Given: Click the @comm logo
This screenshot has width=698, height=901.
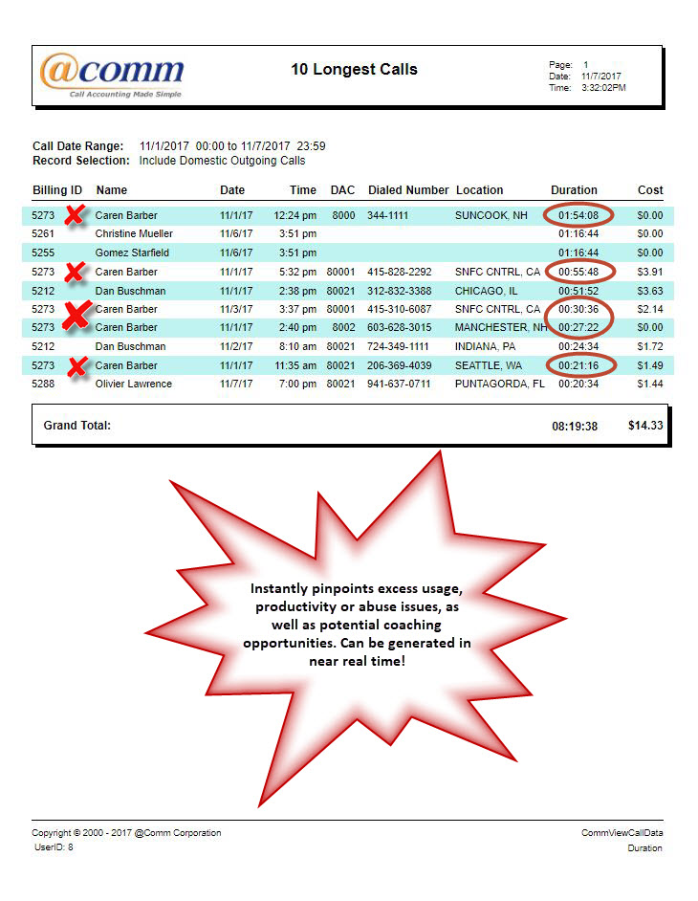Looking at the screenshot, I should tap(112, 75).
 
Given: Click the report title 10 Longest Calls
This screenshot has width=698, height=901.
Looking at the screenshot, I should tap(354, 69).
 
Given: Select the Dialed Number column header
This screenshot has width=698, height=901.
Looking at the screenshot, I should tap(408, 190).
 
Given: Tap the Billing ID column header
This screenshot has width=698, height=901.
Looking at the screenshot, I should tap(57, 190).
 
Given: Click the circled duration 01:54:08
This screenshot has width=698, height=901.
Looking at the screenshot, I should tap(578, 215).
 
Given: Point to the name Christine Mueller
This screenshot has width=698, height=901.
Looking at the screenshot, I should tap(134, 233).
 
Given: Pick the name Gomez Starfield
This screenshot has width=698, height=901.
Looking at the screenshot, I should tap(132, 253).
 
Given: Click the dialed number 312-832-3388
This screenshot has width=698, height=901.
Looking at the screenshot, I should tap(400, 291).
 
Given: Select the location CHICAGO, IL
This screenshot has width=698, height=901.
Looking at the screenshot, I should tap(486, 291).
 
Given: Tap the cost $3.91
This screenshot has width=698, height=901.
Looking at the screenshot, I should tap(649, 272).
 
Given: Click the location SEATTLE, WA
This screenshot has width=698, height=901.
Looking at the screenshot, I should tap(488, 365).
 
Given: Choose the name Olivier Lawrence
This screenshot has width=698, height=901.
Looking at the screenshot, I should tap(134, 384).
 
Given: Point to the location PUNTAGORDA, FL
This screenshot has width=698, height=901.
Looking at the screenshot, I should tap(499, 384).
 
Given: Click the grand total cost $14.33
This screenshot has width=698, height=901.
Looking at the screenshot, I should tap(645, 425).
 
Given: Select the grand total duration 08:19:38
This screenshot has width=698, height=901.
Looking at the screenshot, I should tap(575, 426).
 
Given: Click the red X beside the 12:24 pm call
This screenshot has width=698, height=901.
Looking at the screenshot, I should tap(73, 215).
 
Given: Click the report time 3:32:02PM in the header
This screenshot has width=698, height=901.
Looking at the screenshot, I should tap(603, 87).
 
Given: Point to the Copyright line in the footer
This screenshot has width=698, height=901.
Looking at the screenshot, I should tap(126, 833).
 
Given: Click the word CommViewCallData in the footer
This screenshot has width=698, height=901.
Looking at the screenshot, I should tap(622, 833).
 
